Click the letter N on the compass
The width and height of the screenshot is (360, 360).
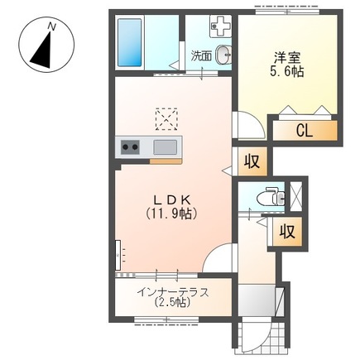click(51, 26)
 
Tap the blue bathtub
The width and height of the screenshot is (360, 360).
click(130, 42)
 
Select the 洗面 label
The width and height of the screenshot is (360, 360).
click(201, 56)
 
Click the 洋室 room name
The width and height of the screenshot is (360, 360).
click(287, 59)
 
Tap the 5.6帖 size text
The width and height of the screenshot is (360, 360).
click(287, 72)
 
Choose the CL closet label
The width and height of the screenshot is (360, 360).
click(305, 131)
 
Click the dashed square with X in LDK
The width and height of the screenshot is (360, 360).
click(166, 119)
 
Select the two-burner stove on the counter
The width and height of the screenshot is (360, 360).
click(130, 147)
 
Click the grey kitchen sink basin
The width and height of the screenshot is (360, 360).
click(166, 147)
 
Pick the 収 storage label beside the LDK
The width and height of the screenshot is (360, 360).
click(252, 161)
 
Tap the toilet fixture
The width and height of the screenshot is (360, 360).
click(271, 197)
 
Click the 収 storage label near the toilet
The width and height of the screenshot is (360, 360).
click(287, 232)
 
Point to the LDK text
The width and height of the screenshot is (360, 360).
click(171, 199)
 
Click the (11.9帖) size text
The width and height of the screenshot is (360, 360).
click(171, 213)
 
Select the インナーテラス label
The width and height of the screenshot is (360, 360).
click(173, 292)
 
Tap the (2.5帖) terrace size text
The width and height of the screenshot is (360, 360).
click(173, 303)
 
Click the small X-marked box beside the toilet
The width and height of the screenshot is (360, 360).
click(296, 197)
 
